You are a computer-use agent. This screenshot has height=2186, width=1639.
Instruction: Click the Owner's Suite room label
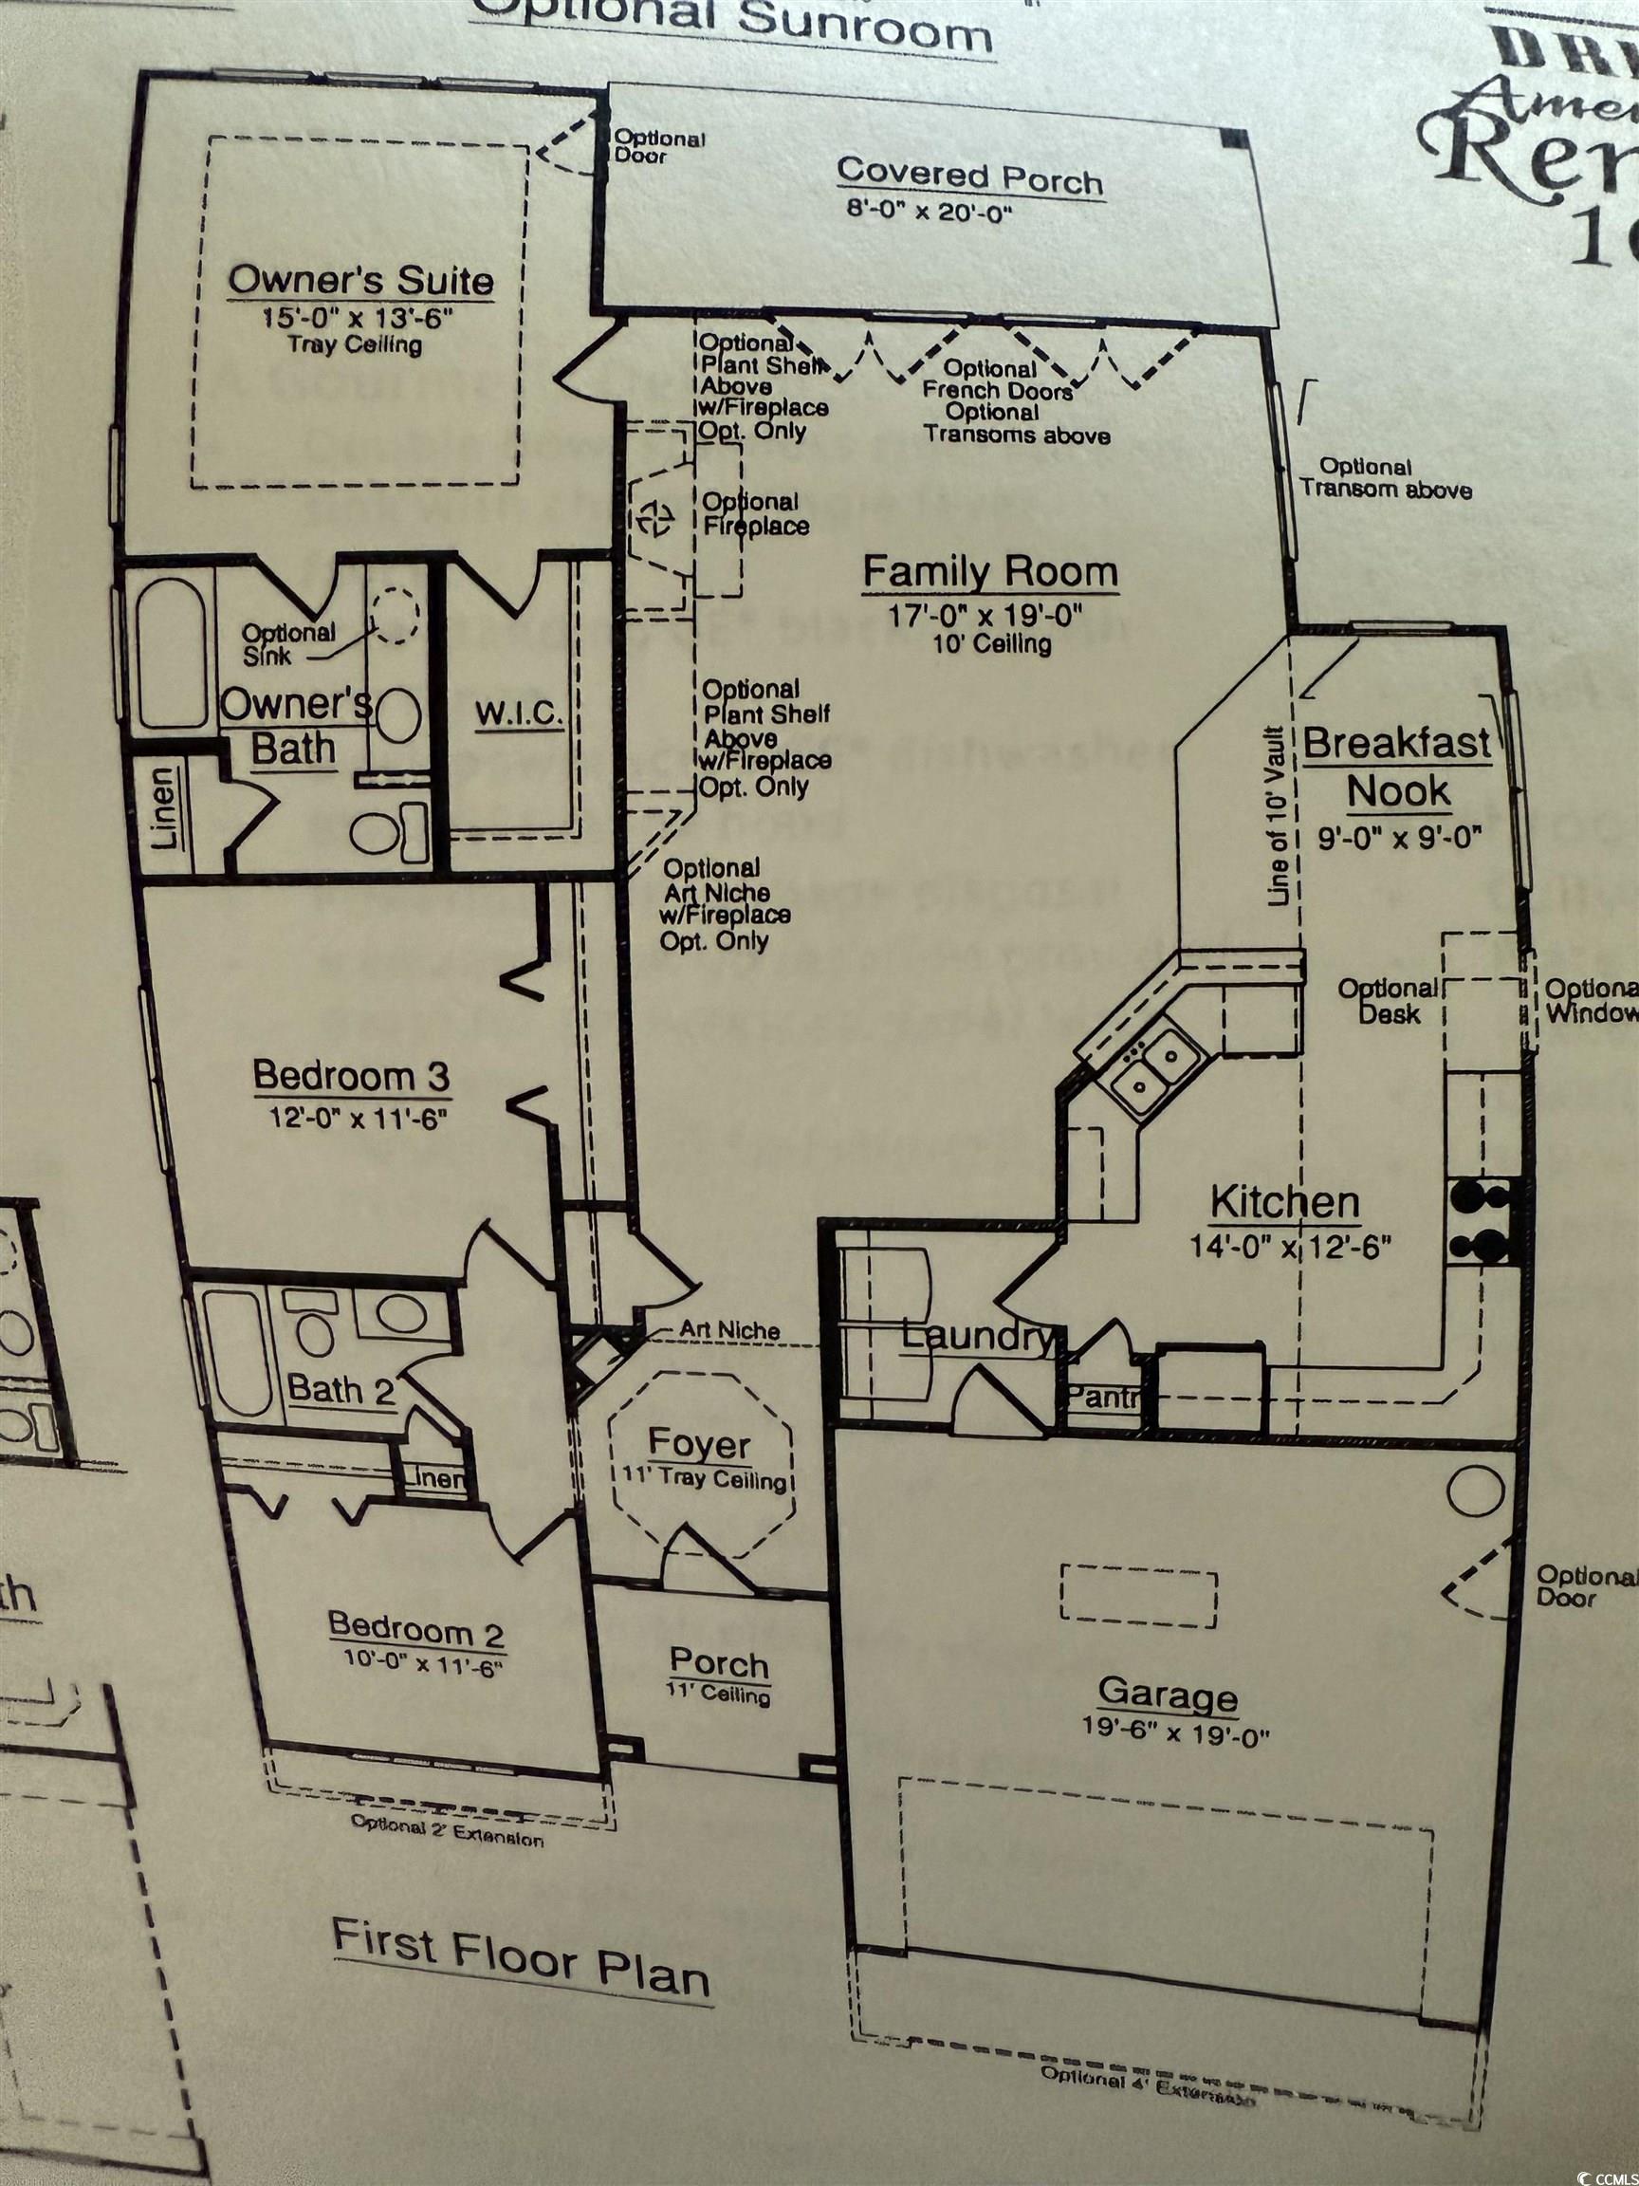(x=360, y=281)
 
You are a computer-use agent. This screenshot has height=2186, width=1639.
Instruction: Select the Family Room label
(x=990, y=572)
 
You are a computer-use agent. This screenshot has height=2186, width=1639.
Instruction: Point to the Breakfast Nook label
(x=1397, y=767)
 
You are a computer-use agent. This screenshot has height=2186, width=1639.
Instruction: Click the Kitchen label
(x=1284, y=1203)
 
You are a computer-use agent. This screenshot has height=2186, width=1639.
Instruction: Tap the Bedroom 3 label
(x=352, y=1075)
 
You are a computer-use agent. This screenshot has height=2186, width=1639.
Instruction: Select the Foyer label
(x=699, y=1445)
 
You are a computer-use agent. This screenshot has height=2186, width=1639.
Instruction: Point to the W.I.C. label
(x=519, y=714)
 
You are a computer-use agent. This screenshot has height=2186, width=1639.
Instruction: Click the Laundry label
(x=976, y=1337)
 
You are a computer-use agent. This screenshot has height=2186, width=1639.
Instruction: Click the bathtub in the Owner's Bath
(x=171, y=653)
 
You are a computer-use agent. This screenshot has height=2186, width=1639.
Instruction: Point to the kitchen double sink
(x=1154, y=1071)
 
